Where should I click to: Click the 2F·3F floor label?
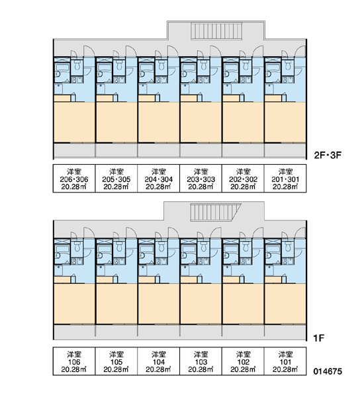click(328, 155)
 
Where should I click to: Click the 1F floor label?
click(318, 338)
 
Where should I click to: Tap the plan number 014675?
click(328, 371)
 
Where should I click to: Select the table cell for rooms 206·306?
click(74, 179)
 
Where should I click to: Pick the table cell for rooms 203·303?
click(201, 179)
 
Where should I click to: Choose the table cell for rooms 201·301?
click(285, 179)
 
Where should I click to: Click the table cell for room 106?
click(74, 361)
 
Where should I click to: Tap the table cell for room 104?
click(159, 361)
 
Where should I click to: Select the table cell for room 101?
click(285, 361)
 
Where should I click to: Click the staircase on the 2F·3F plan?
click(216, 31)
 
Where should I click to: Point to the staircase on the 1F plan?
click(215, 212)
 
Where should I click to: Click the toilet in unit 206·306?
click(77, 66)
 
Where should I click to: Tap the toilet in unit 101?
click(288, 247)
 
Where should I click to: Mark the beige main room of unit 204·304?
click(159, 122)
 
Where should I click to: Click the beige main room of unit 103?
click(201, 304)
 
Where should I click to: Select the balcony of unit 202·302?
click(243, 151)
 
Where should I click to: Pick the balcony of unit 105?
click(116, 332)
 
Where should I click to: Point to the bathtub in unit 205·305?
click(105, 68)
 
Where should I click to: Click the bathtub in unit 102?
click(231, 249)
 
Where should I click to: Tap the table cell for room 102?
click(243, 361)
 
